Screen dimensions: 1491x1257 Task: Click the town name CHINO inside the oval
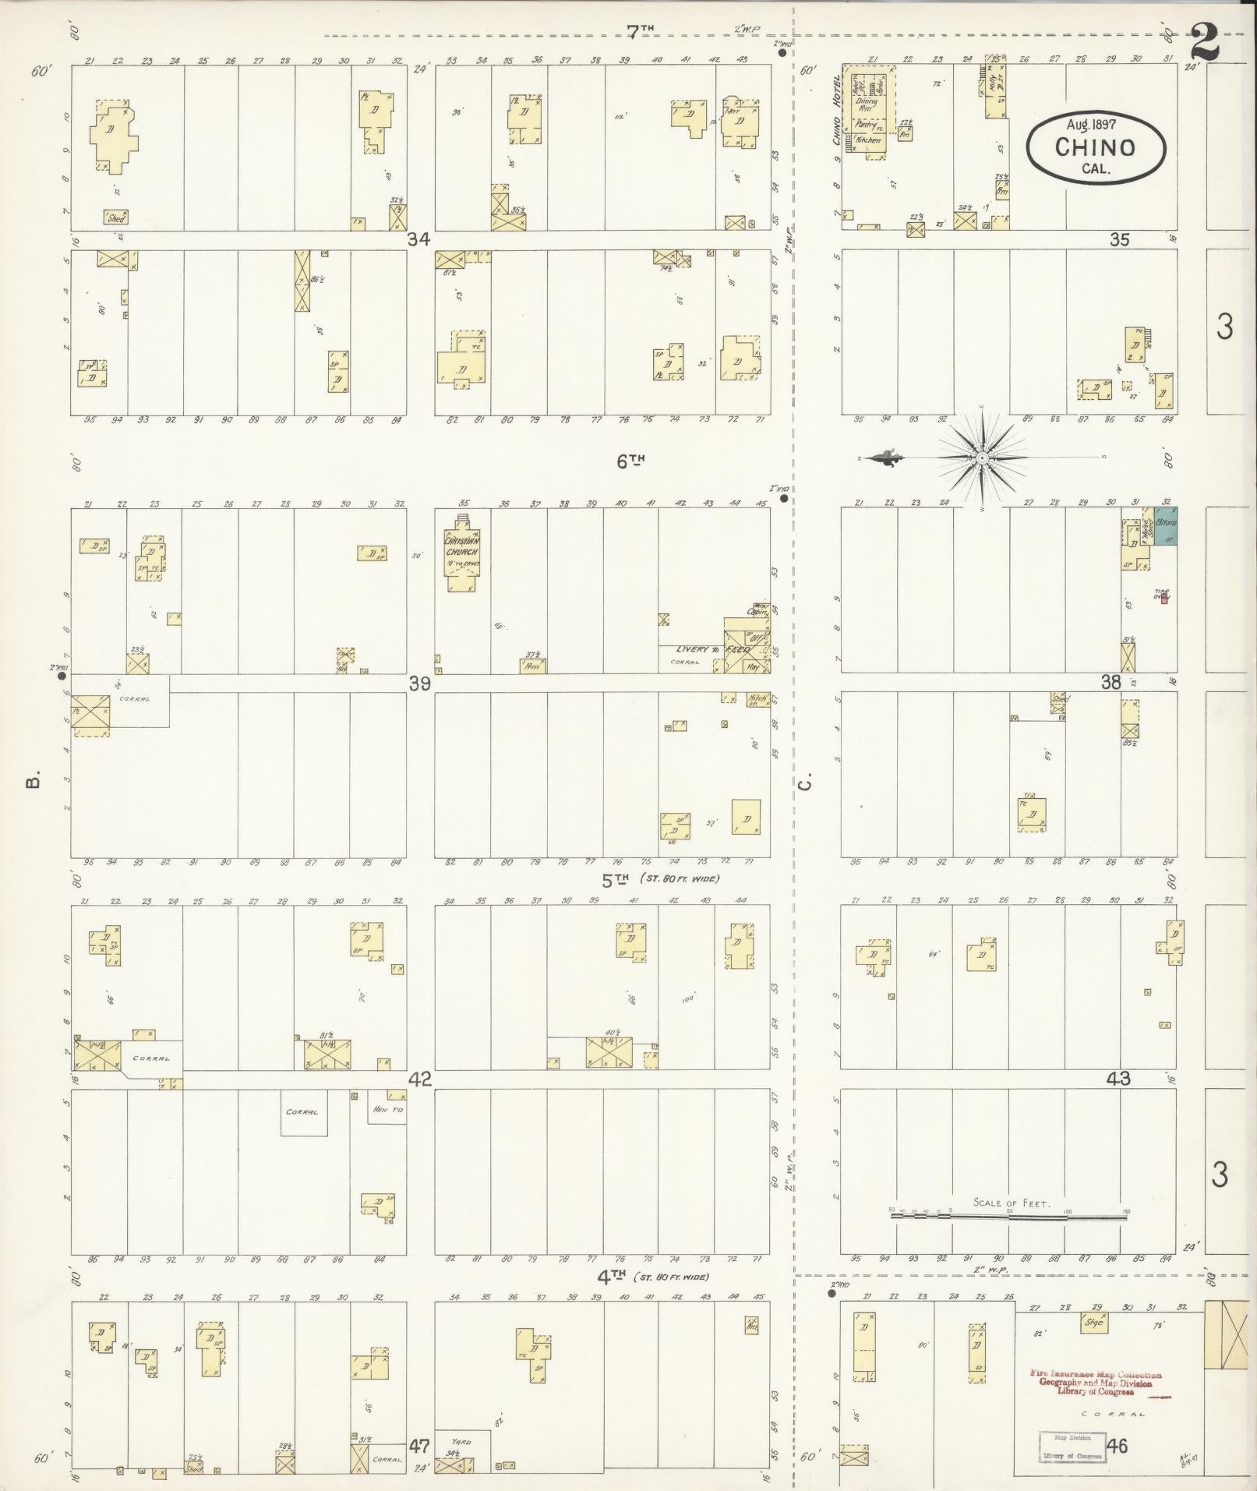point(1095,147)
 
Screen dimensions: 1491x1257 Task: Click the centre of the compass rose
point(982,458)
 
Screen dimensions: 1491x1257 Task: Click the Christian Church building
point(462,553)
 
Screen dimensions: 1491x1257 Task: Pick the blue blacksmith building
point(1165,527)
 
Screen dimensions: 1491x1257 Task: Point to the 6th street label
point(630,461)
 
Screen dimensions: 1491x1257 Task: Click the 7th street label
point(641,32)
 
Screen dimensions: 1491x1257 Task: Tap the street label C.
point(806,780)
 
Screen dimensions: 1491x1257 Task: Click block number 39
point(420,684)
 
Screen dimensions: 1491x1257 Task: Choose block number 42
point(420,1079)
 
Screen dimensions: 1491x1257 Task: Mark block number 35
point(1119,240)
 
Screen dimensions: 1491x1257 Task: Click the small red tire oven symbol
point(1164,599)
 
